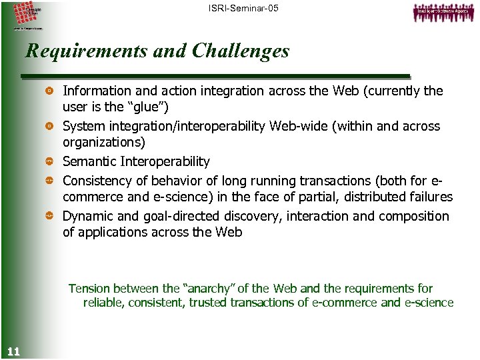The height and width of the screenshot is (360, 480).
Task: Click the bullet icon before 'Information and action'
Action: [49, 91]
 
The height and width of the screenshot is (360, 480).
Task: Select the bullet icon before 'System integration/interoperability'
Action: [49, 126]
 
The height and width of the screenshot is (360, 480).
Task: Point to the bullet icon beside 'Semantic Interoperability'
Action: [49, 161]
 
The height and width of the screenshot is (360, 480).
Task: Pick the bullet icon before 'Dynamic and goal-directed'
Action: [49, 216]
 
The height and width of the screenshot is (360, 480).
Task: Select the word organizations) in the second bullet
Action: [103, 143]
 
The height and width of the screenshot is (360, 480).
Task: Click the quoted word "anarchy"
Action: [208, 289]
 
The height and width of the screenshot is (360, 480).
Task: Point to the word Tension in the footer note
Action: [89, 289]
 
